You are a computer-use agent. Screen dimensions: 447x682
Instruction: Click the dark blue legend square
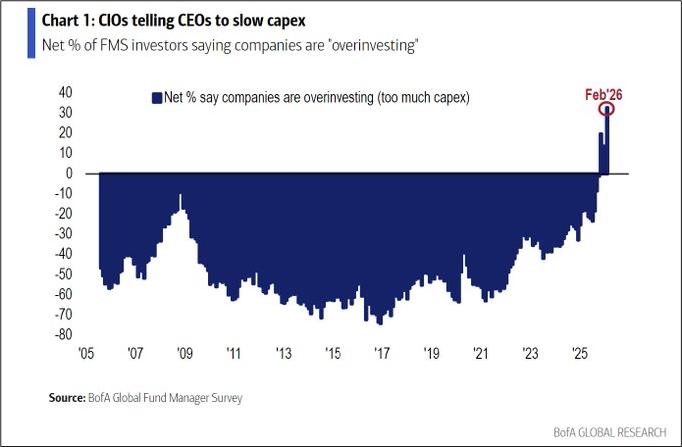[x=155, y=98]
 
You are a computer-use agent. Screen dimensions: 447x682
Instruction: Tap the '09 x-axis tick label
[x=184, y=354]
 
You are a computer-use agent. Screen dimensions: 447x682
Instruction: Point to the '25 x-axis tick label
[x=579, y=354]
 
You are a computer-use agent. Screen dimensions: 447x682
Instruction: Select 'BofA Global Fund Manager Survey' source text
[x=171, y=398]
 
